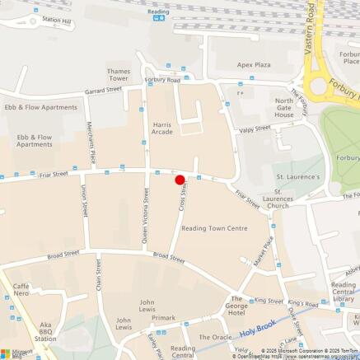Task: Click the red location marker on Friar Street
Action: tap(180, 180)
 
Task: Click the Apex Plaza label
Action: tap(254, 64)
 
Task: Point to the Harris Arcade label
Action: tap(161, 128)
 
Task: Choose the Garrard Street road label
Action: tap(102, 89)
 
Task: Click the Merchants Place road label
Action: tap(93, 145)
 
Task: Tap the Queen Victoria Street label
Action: tap(146, 217)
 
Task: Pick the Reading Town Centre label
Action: tap(214, 228)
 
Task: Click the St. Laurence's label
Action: tap(297, 176)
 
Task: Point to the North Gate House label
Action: tap(283, 108)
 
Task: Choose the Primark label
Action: tap(163, 317)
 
